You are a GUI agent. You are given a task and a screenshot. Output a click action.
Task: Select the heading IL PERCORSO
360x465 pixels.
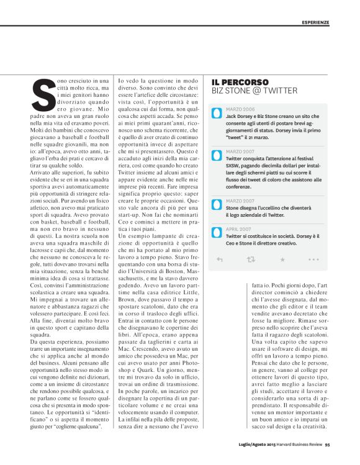[240, 82]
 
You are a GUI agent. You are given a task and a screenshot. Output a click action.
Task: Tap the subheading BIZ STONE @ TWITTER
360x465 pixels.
[254, 91]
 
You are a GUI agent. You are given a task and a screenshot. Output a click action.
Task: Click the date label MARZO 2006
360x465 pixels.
[240, 109]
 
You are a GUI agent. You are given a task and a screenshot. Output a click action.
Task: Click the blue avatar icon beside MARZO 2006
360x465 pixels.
[216, 115]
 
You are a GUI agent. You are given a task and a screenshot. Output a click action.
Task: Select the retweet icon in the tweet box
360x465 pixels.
[251, 259]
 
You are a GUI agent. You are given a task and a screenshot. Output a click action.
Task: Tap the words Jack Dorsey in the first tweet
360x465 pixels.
[240, 116]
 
